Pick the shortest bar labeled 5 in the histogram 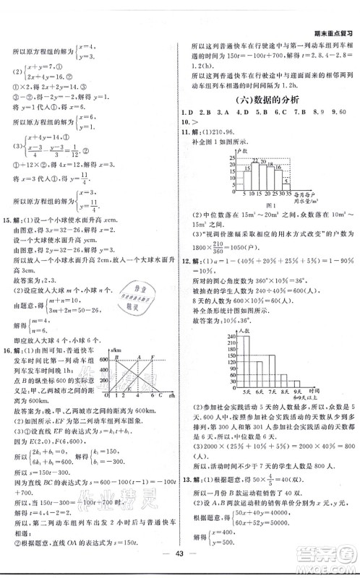point(286,183)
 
